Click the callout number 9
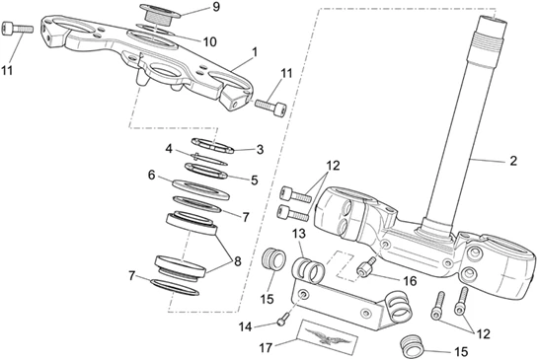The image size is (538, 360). (x=216, y=7)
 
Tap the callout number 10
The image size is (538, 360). (x=209, y=42)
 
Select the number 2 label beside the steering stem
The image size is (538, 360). (x=513, y=161)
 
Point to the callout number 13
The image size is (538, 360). (x=299, y=235)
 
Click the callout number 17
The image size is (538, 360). (x=267, y=347)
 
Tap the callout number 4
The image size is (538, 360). (x=169, y=149)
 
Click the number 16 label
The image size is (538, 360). (x=410, y=281)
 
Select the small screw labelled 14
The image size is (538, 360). (x=281, y=322)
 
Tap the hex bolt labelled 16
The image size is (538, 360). (x=367, y=266)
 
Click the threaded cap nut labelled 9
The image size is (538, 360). (x=161, y=14)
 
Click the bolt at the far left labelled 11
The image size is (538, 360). (x=18, y=29)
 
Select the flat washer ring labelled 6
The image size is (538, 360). (x=200, y=189)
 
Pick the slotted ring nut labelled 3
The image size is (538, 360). (x=212, y=145)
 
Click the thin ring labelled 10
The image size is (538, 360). (x=156, y=29)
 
